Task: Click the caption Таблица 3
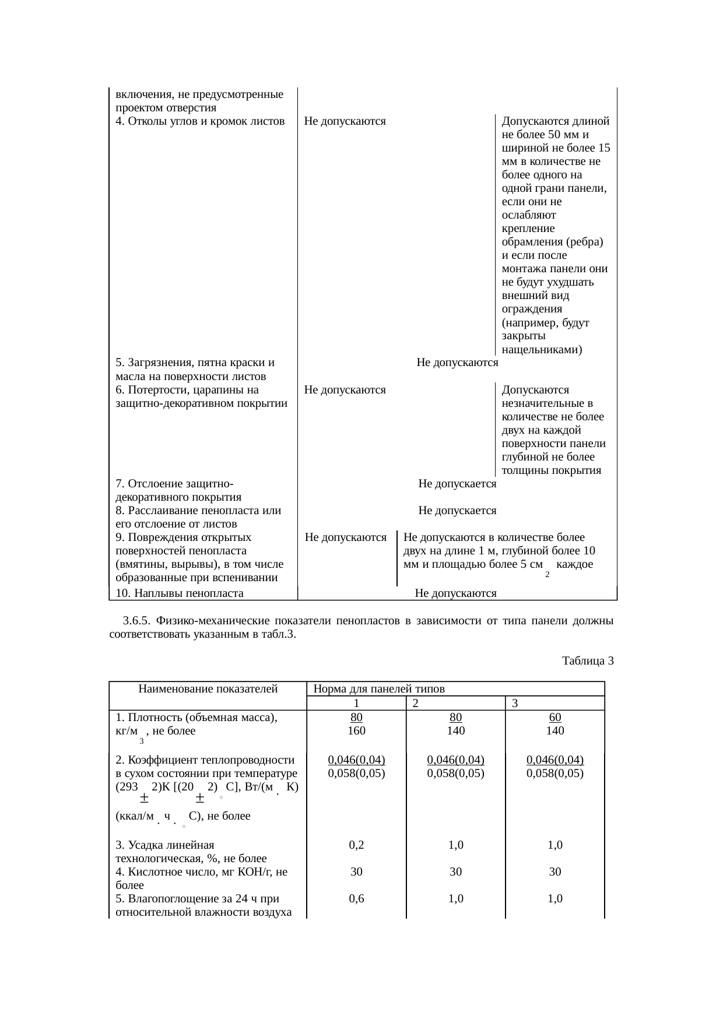588,660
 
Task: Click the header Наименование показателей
208,688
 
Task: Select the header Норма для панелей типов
379,688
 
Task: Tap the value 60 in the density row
555,717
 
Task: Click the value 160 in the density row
356,730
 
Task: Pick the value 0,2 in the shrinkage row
356,845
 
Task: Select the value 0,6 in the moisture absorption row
356,898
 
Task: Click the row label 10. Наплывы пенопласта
179,593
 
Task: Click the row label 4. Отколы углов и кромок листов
199,121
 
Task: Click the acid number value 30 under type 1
356,871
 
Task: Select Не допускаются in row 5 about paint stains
457,363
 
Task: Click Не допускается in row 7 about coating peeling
457,484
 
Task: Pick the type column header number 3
515,704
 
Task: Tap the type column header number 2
415,704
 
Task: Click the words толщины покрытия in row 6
551,470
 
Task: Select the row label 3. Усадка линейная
165,845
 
